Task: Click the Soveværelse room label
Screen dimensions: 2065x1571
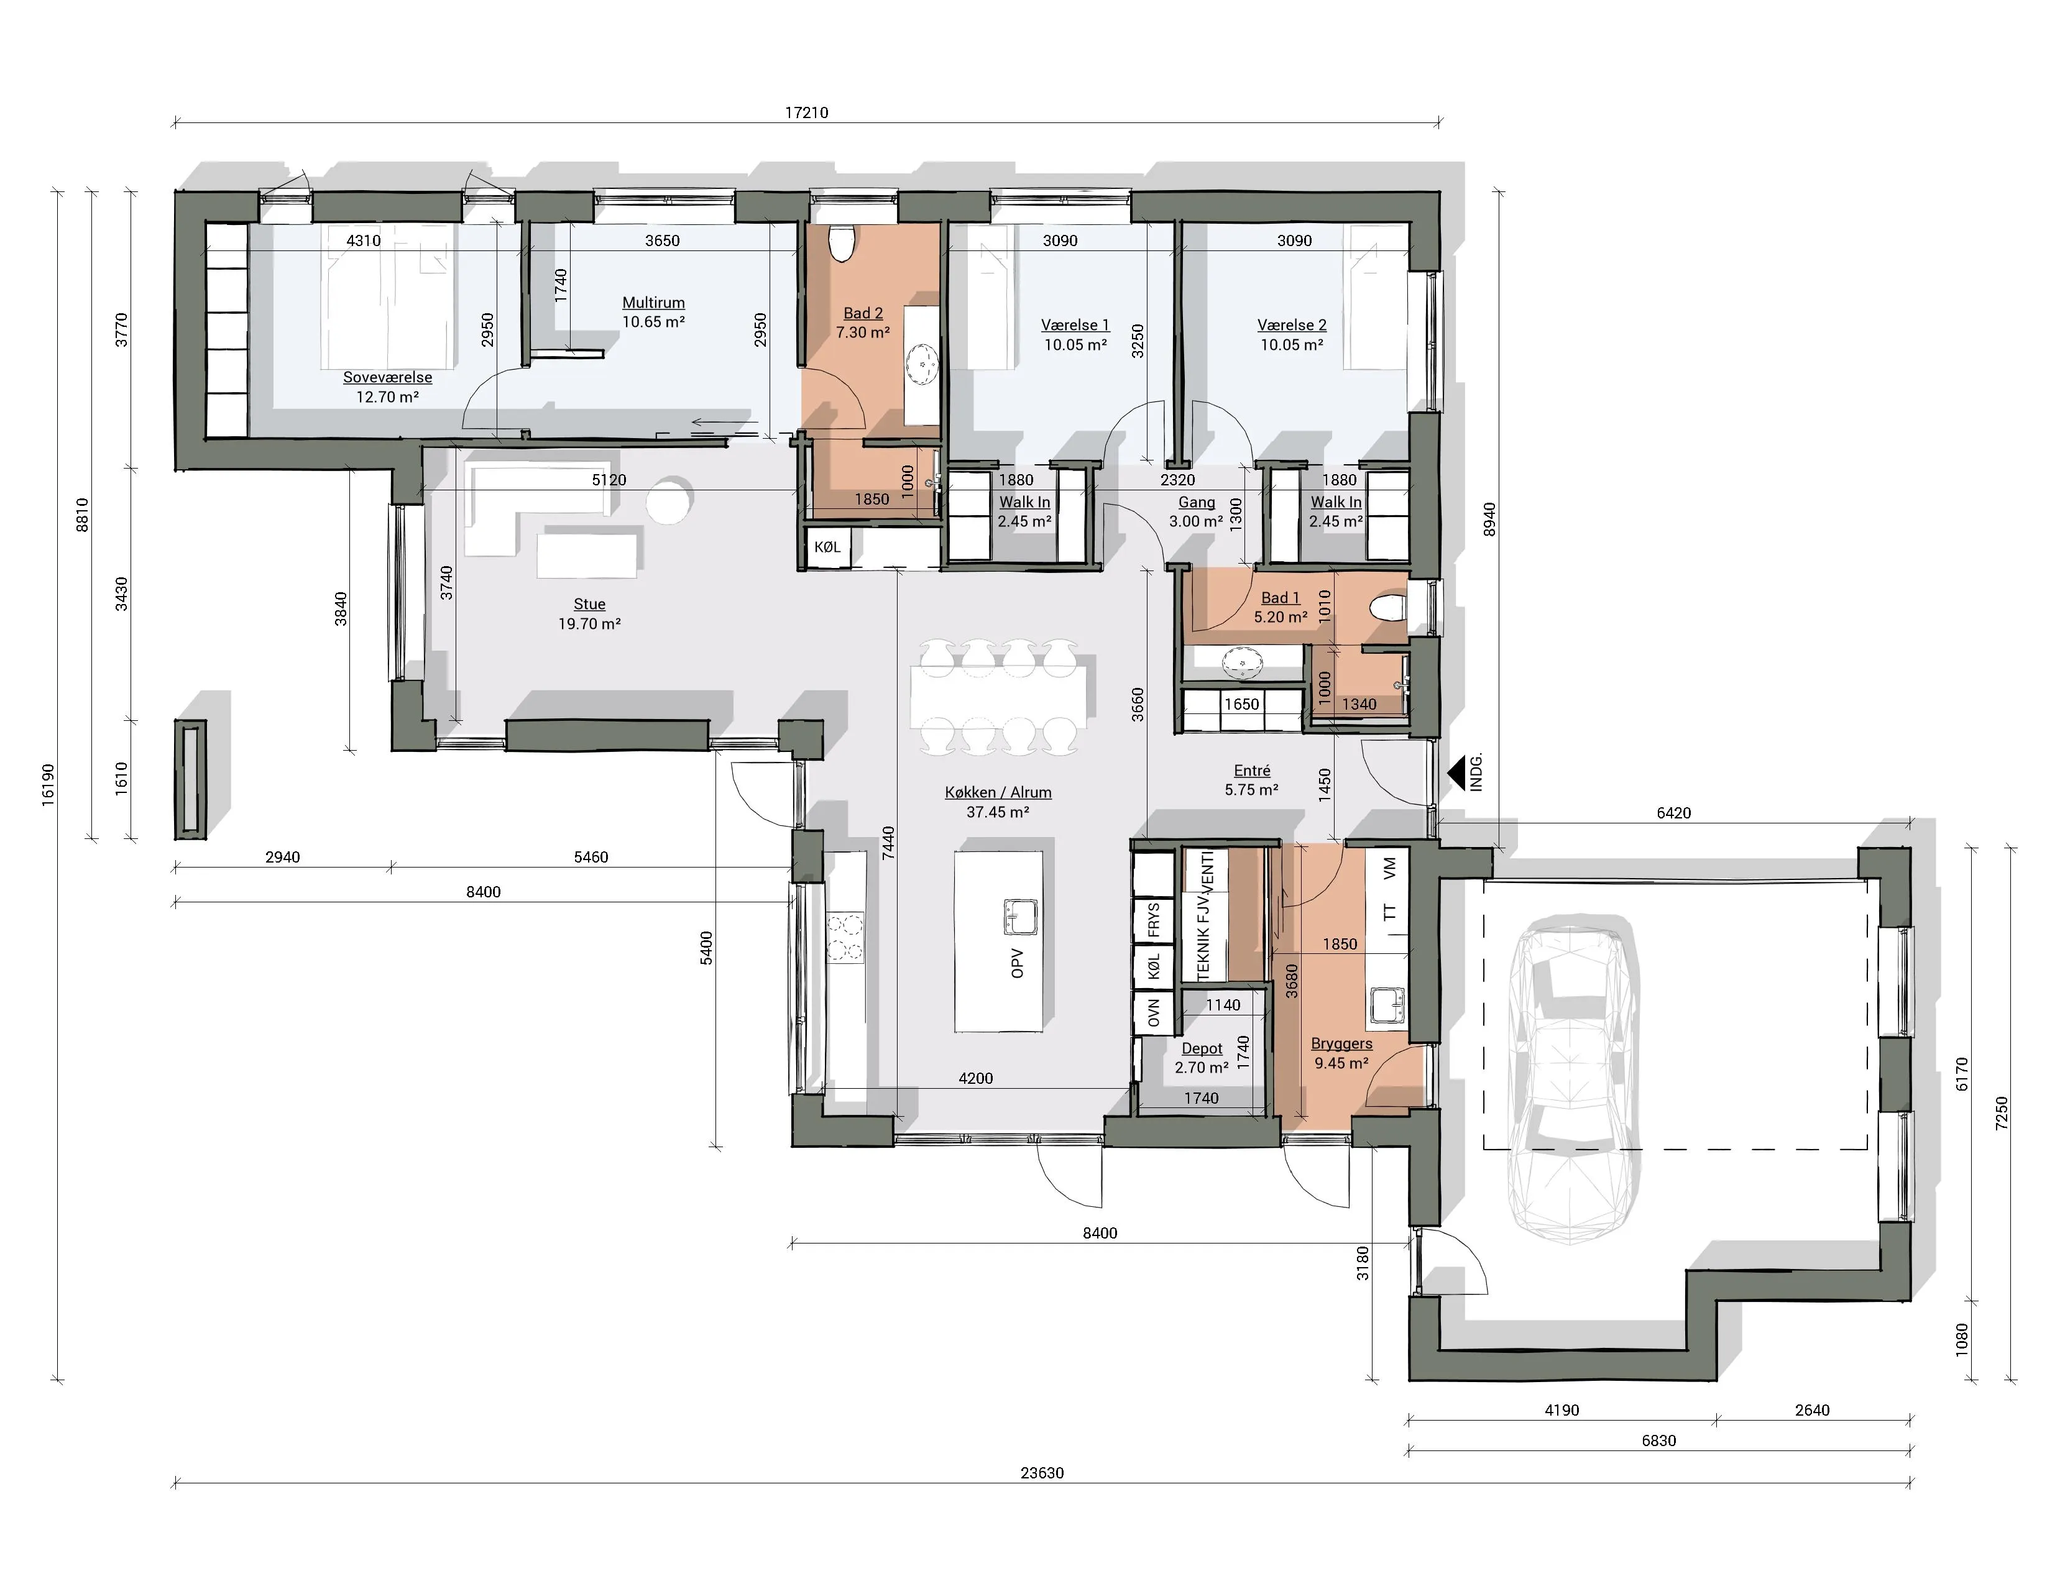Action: [387, 378]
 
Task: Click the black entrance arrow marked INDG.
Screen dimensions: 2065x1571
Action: [1456, 773]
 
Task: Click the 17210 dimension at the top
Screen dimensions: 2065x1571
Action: [806, 113]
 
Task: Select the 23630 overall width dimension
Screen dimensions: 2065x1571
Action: [1042, 1473]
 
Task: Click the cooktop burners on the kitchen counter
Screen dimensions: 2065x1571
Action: [845, 938]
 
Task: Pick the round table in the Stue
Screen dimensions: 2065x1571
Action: [671, 500]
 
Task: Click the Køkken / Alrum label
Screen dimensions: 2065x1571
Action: [998, 792]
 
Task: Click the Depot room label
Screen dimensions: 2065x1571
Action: [1202, 1049]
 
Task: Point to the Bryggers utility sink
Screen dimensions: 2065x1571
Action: [1388, 1006]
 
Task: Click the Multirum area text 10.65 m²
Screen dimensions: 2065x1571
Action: [654, 322]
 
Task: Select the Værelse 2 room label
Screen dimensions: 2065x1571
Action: [1292, 326]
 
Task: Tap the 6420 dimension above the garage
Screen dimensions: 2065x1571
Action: [1673, 813]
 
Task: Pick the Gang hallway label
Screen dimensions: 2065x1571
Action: [1196, 502]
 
